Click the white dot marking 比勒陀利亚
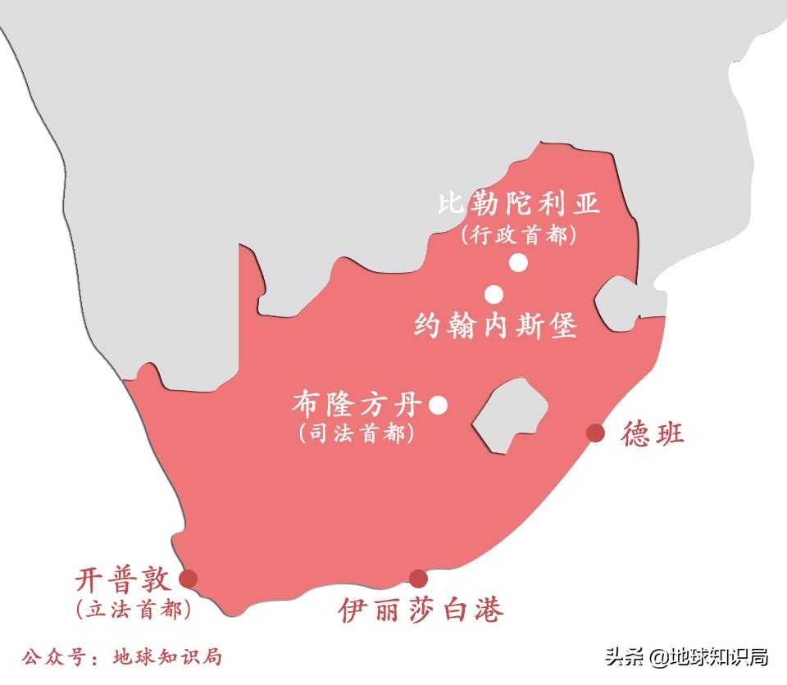coord(518,262)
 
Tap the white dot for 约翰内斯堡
coord(494,294)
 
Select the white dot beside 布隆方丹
coord(438,405)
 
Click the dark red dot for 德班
coord(595,433)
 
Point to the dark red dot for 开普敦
coord(189,578)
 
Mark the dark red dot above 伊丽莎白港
coord(418,578)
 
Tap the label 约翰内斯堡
coord(496,326)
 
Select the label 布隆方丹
coord(357,405)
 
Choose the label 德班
coord(653,433)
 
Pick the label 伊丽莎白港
coord(421,610)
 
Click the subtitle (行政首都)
coord(518,235)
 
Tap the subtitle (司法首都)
coord(357,434)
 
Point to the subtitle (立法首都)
coord(133,610)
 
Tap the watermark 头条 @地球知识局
coord(686,656)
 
